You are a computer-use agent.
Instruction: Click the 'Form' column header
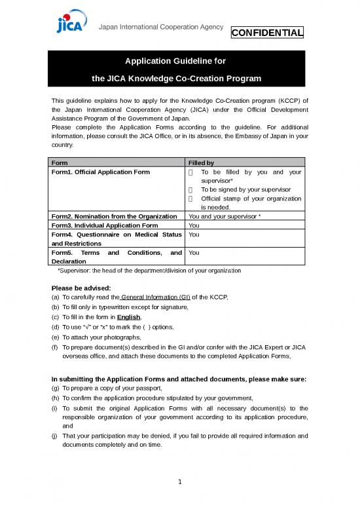pos(60,162)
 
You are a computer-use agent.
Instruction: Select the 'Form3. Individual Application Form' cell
pos(104,225)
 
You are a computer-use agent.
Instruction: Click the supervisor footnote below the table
pos(149,270)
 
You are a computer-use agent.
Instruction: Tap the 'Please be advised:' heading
pos(77,288)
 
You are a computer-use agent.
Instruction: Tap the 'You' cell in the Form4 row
pos(194,234)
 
